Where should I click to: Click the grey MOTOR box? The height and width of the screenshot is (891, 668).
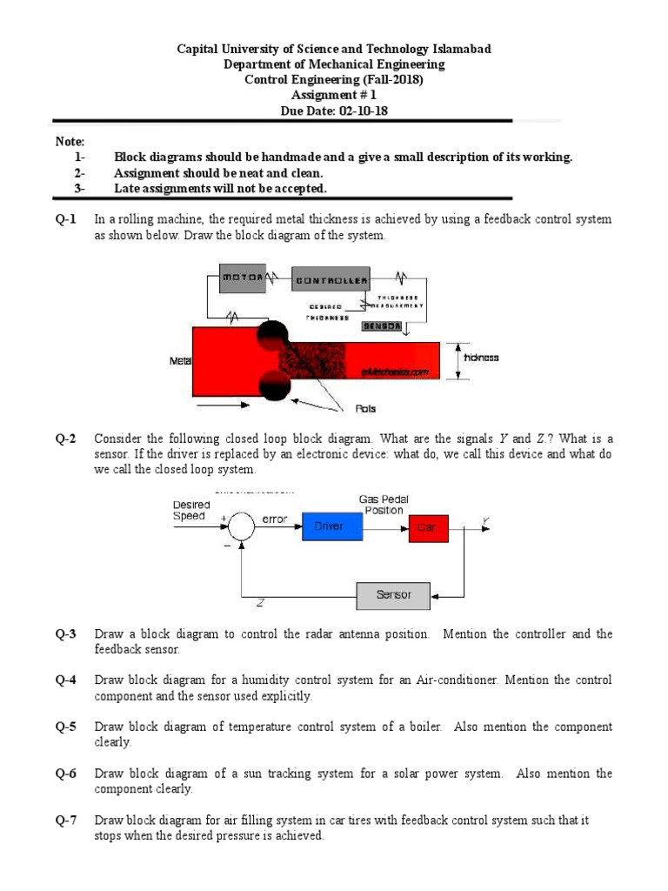(x=244, y=278)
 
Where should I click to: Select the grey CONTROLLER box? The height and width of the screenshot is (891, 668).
(x=330, y=279)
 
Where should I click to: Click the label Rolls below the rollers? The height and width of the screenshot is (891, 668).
(x=366, y=407)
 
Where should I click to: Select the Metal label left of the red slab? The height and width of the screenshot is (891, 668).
(x=180, y=359)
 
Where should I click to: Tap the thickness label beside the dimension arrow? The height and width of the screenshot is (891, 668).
(x=482, y=358)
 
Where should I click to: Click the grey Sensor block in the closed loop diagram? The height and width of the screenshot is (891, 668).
(x=393, y=596)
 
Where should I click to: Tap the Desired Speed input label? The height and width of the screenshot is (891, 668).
(x=190, y=510)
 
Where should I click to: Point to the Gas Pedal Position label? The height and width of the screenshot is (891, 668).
(x=384, y=505)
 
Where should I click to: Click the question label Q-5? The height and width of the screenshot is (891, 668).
(x=67, y=727)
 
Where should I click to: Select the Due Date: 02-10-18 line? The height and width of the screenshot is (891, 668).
(x=335, y=111)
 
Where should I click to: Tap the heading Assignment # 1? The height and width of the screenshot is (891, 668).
(x=335, y=95)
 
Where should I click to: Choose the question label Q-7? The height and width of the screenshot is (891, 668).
(x=67, y=821)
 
